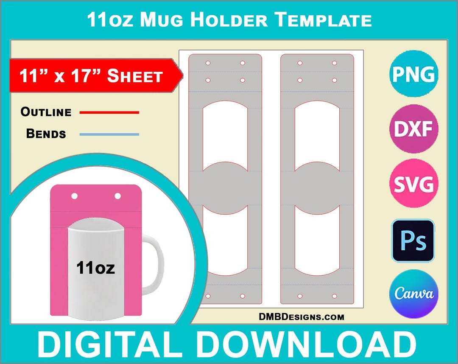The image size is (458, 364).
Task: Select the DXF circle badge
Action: tap(413, 129)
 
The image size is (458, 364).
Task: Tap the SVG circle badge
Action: tap(413, 184)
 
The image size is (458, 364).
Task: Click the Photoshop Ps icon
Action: tap(413, 240)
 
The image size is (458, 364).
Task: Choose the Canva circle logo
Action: tap(413, 293)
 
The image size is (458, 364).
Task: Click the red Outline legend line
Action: tap(109, 112)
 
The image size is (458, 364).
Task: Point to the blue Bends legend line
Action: tap(109, 134)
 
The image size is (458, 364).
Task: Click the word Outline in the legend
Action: tap(46, 112)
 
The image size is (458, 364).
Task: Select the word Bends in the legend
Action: tap(46, 134)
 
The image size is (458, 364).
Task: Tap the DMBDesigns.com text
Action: tap(302, 317)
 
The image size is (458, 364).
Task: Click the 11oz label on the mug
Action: tap(95, 268)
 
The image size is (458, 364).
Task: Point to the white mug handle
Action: tap(155, 263)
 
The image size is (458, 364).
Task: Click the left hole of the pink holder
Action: tap(75, 196)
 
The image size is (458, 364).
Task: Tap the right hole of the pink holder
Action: tap(117, 196)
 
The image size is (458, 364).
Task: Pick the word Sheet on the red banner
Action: tap(135, 76)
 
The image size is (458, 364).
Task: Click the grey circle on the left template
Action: tap(225, 188)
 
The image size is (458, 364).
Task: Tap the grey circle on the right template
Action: tap(317, 188)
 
